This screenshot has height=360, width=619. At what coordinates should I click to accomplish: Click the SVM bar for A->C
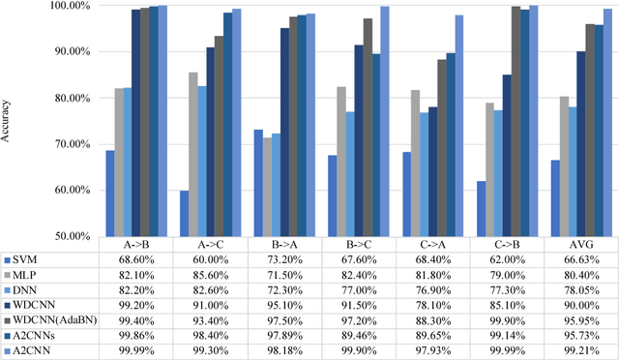click(x=184, y=213)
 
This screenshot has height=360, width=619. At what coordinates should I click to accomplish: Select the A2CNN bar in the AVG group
click(x=608, y=121)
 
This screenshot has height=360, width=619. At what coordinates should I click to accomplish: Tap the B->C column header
click(x=359, y=246)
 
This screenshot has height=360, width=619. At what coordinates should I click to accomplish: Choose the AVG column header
click(x=582, y=246)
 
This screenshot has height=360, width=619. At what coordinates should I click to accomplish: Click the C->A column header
click(x=433, y=246)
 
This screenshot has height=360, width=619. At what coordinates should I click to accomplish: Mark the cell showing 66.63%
click(x=582, y=260)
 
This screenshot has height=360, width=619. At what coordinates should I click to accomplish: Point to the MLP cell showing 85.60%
click(x=210, y=274)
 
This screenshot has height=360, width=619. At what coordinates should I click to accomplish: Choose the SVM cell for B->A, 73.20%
click(x=284, y=260)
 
